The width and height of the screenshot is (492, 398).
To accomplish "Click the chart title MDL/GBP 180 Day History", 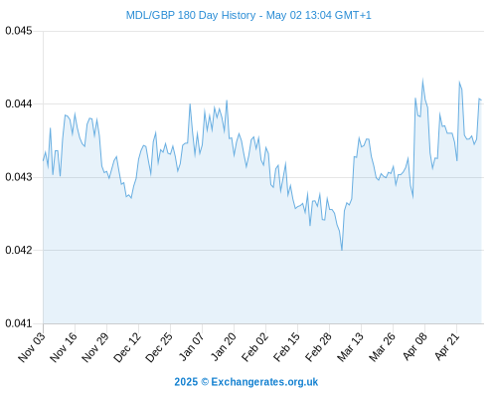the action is click(x=191, y=15).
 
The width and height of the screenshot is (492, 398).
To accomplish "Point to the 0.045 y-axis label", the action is click(x=19, y=31).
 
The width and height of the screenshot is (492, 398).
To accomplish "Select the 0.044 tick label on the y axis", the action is click(x=19, y=103).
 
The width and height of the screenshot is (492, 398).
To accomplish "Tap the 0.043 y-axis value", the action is click(x=19, y=177).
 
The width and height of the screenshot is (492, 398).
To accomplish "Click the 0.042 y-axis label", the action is click(x=19, y=250).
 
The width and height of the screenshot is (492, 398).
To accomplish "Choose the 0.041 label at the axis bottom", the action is click(x=19, y=323).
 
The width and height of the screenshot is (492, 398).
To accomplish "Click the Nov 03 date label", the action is click(x=31, y=346).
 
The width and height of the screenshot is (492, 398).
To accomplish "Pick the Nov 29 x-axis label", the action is click(x=94, y=346).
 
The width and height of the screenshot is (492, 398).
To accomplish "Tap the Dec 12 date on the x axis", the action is click(x=126, y=346).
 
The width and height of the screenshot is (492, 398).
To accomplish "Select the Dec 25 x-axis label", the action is click(x=158, y=346).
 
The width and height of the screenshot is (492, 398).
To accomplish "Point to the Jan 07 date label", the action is click(x=191, y=346).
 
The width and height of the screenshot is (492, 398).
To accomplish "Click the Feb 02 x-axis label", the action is click(x=254, y=346).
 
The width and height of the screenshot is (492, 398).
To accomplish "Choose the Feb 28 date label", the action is click(x=318, y=346).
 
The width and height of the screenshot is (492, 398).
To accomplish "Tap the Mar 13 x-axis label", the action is click(x=350, y=346).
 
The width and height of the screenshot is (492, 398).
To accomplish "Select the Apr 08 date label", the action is click(x=414, y=346).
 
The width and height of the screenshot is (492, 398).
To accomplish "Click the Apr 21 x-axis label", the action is click(x=446, y=346).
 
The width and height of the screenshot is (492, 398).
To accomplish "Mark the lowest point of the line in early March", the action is click(x=342, y=250).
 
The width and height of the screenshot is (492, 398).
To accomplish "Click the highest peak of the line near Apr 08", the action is click(x=422, y=80).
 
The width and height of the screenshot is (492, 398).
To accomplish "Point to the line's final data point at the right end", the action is click(x=481, y=99).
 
